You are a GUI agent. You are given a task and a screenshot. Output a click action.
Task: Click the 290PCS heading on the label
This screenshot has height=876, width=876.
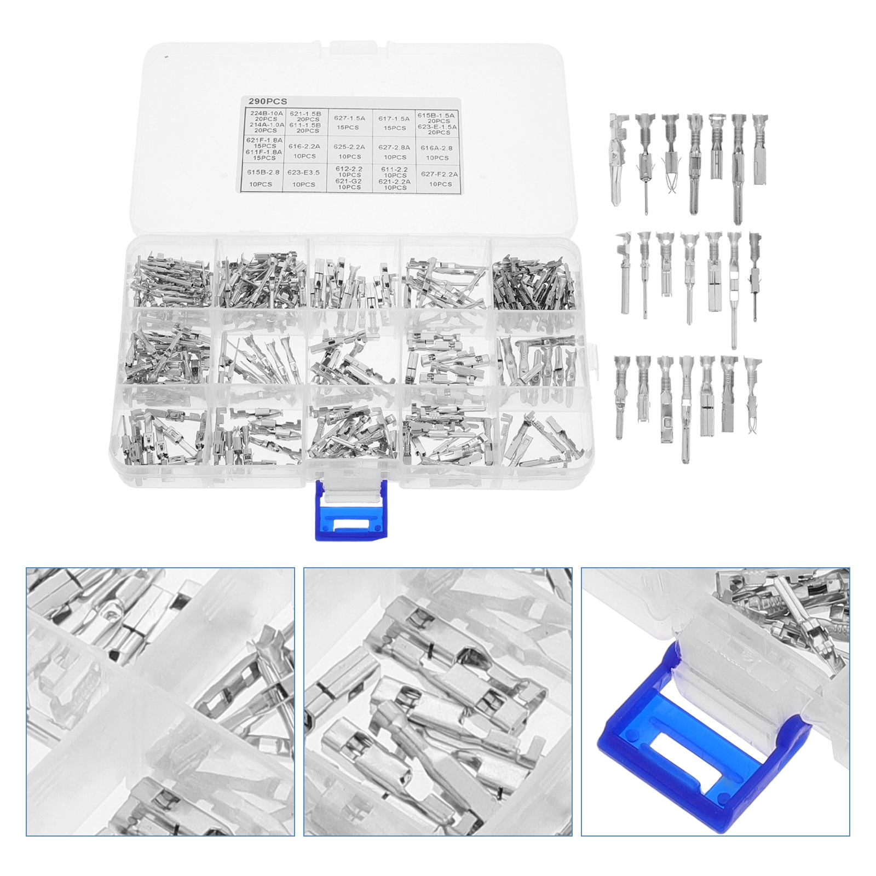(263, 101)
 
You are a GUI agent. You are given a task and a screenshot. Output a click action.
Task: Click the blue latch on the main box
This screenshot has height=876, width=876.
(348, 512)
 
